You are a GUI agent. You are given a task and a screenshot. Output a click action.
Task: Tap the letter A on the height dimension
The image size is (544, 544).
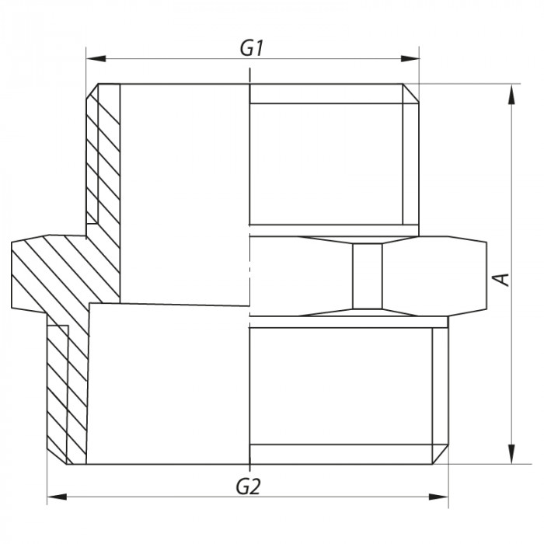click(x=503, y=277)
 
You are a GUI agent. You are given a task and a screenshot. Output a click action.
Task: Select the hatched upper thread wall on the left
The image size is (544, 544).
click(x=103, y=155)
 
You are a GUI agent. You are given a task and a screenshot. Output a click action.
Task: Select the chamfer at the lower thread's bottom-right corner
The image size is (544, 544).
click(x=442, y=454)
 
